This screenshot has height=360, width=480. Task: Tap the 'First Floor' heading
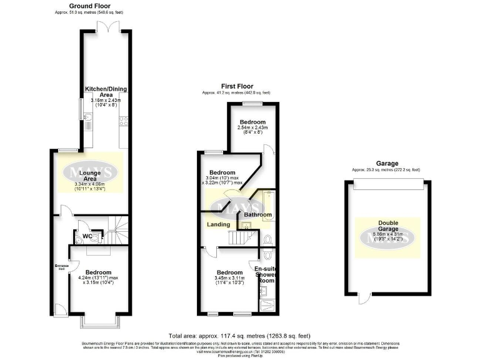pos(236,86)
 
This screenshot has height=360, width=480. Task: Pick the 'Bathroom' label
pos(258,215)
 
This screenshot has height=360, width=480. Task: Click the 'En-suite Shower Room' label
pos(267,274)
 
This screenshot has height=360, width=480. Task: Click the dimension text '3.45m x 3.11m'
pos(229,279)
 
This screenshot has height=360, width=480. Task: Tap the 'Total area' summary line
pos(239,336)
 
